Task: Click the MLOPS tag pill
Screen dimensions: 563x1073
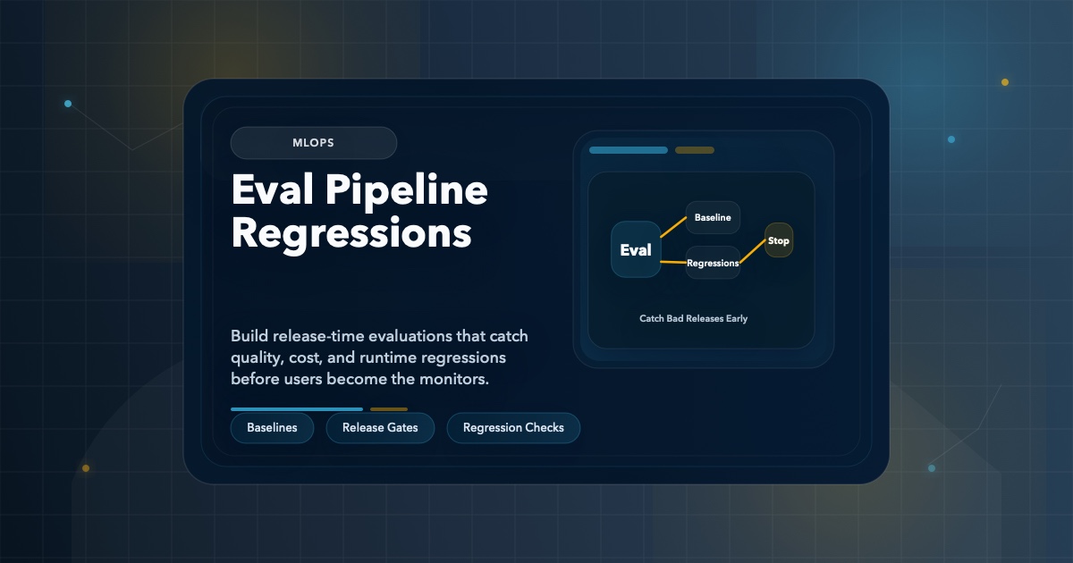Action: click(x=313, y=143)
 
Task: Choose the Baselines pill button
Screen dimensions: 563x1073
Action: click(x=272, y=428)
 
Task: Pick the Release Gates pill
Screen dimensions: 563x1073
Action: click(x=379, y=428)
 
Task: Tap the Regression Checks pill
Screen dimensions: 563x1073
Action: click(x=513, y=428)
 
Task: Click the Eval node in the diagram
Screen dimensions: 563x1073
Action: click(x=636, y=250)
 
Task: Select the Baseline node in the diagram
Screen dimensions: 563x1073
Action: click(x=713, y=218)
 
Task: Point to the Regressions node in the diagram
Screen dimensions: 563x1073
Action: click(x=713, y=263)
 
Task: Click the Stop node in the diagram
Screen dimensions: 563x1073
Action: click(x=779, y=240)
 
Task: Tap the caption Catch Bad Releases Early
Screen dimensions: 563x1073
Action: click(x=693, y=318)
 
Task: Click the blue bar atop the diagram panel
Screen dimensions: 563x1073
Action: click(x=628, y=150)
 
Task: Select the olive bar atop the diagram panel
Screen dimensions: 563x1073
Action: click(x=695, y=150)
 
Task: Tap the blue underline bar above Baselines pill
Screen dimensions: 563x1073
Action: click(x=296, y=409)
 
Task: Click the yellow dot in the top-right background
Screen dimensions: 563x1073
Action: click(x=1005, y=82)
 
